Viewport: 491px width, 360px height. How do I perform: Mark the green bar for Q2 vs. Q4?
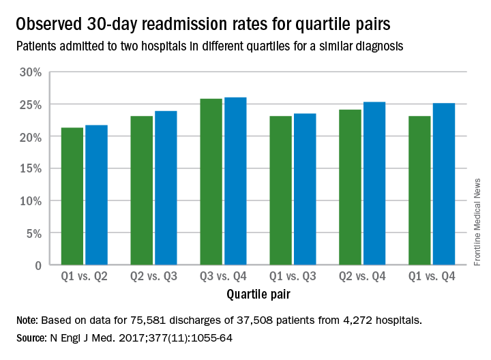351,187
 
